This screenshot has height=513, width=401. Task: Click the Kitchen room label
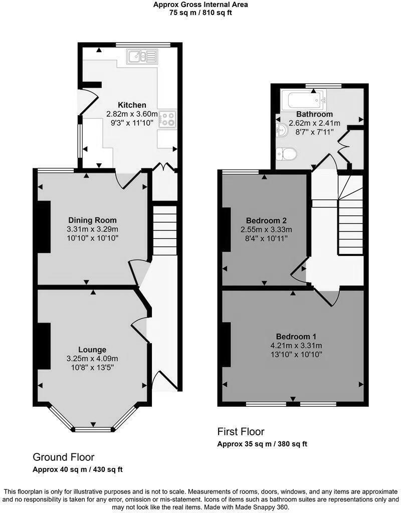tap(132, 105)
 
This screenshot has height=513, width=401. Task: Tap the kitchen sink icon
tap(142, 57)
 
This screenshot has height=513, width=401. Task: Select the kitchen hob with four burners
tap(167, 118)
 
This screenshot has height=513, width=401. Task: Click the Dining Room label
tap(92, 220)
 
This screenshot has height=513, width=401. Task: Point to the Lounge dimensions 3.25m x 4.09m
tap(92, 358)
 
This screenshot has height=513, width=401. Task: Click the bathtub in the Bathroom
tap(304, 100)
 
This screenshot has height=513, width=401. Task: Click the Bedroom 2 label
tap(266, 220)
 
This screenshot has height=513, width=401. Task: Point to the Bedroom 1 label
tap(295, 336)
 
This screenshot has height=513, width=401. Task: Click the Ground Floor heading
tap(63, 457)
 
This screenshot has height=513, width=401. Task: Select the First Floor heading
tap(241, 431)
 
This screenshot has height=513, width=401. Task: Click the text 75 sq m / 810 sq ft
tap(200, 13)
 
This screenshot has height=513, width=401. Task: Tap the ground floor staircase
tap(165, 230)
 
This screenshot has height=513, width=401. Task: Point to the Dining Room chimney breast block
tap(44, 226)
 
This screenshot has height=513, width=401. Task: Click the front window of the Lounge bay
tap(93, 429)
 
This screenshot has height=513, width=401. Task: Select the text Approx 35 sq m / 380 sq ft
tap(262, 444)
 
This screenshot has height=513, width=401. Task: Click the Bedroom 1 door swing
tap(329, 297)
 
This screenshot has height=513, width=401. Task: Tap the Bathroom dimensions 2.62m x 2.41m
tap(315, 123)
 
